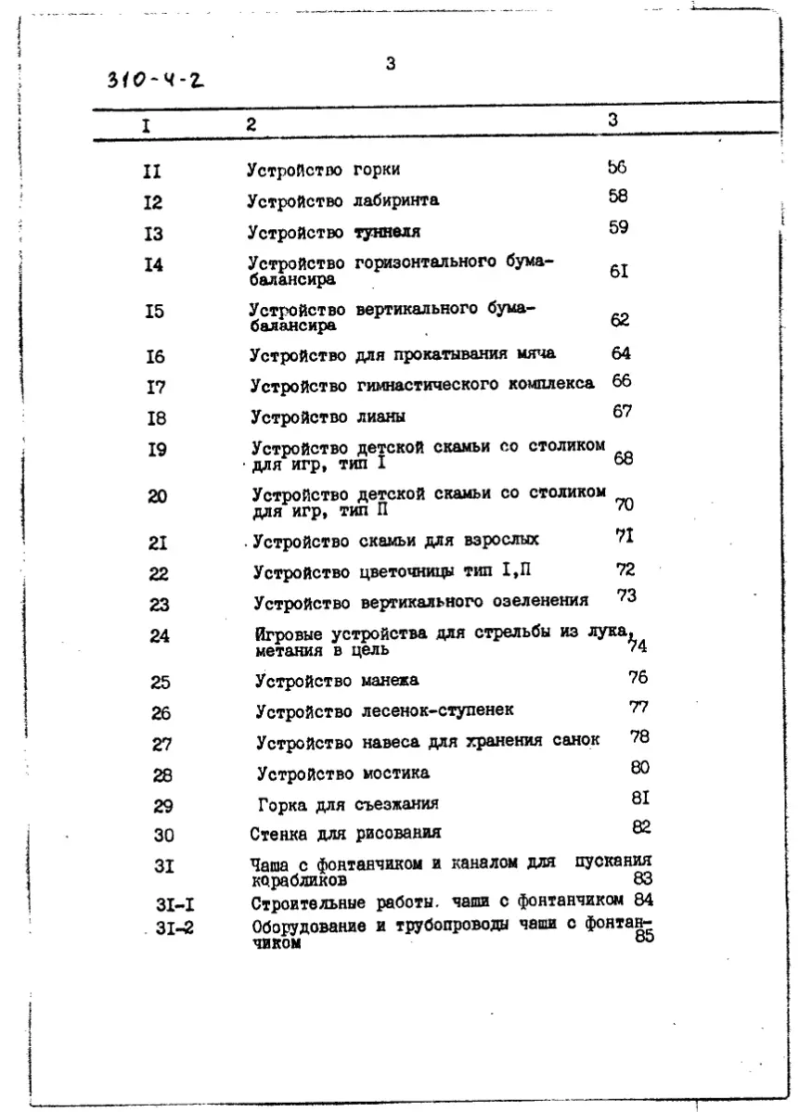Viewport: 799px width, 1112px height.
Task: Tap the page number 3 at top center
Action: coord(391,64)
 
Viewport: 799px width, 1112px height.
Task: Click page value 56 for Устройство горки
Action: coord(617,167)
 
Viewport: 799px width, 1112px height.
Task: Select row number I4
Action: coord(154,265)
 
